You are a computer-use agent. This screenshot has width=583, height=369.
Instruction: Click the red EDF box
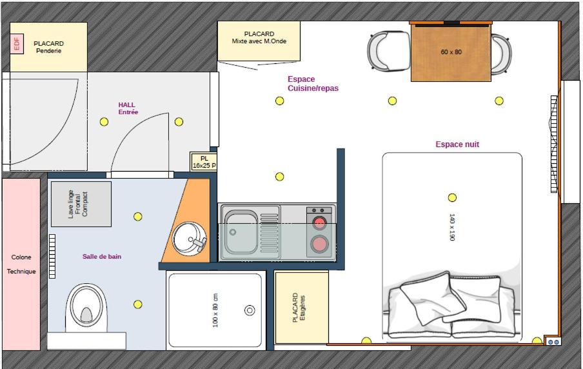(x=17, y=44)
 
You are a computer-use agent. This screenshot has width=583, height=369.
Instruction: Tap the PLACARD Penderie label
(x=49, y=47)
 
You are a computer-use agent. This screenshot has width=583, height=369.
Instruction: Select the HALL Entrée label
(x=128, y=108)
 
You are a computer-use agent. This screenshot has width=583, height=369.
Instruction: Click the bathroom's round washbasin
(x=189, y=239)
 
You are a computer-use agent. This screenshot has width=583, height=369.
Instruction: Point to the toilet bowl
(x=86, y=308)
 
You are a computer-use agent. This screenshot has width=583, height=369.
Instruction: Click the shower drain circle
(x=250, y=310)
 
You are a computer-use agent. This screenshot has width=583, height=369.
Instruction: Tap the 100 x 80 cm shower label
(x=215, y=310)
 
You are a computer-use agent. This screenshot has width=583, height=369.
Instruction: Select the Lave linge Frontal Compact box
(x=81, y=204)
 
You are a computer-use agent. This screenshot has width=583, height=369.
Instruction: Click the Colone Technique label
(x=21, y=264)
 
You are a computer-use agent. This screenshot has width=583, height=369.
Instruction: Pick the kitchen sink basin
(x=241, y=232)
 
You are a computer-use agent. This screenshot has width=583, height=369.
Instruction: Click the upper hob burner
(x=319, y=223)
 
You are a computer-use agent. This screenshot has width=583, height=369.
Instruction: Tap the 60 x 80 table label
(x=451, y=52)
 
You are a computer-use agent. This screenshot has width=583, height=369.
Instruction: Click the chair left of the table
(x=388, y=51)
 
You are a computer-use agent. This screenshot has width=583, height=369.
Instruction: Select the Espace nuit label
(x=457, y=145)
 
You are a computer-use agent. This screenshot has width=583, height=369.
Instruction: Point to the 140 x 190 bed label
(x=452, y=227)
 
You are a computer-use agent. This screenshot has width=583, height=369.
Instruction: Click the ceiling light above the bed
(x=452, y=197)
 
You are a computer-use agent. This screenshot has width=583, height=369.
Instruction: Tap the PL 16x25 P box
(x=203, y=162)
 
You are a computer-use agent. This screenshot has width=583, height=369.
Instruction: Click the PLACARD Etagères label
(x=299, y=307)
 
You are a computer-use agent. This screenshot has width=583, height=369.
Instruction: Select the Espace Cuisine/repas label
(x=313, y=84)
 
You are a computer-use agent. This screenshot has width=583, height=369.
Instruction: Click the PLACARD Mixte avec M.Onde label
(x=259, y=37)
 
